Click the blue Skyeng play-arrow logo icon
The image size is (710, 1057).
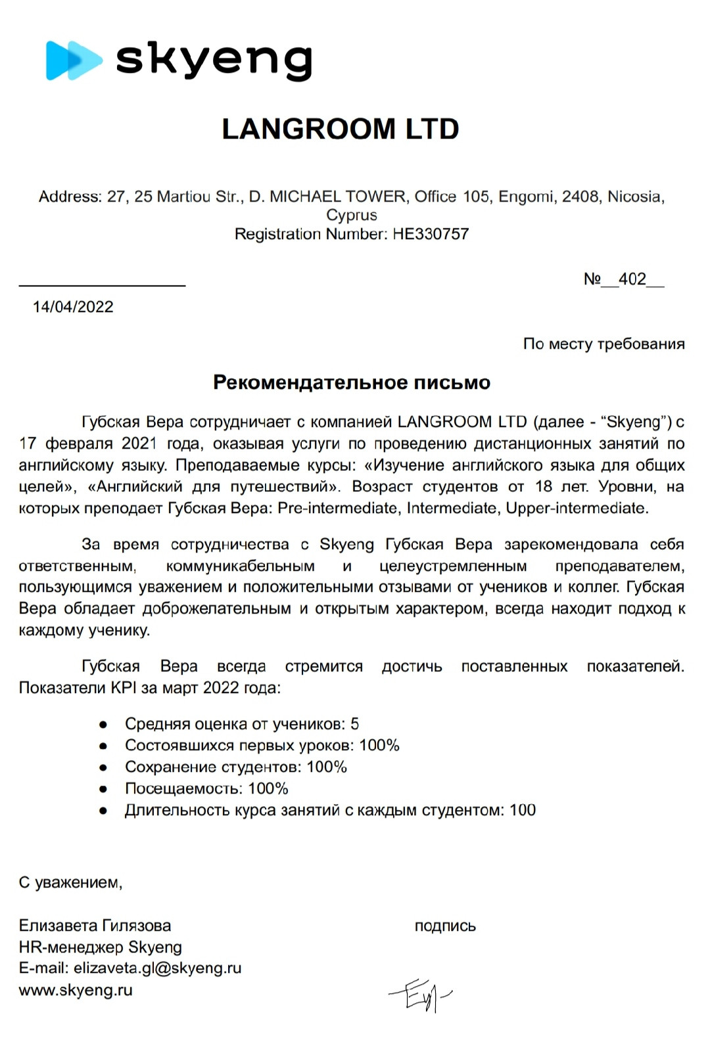tap(72, 60)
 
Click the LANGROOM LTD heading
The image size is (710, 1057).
tap(341, 129)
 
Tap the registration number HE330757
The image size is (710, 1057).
tap(431, 234)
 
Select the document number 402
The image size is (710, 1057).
tap(632, 279)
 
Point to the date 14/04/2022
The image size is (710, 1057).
tap(73, 307)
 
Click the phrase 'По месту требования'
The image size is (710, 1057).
tap(603, 344)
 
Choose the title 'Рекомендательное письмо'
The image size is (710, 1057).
tap(352, 382)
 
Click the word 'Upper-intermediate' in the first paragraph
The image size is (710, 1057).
tap(576, 508)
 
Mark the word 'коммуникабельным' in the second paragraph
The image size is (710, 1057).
tap(240, 566)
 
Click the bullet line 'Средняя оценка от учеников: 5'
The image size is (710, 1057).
tap(242, 724)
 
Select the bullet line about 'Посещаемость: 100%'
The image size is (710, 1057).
tap(206, 788)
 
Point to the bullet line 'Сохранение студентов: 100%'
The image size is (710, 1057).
tap(236, 767)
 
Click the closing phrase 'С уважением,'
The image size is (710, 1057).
tap(70, 882)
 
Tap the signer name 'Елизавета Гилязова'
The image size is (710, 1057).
tap(95, 926)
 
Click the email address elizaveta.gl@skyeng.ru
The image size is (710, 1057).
tap(157, 968)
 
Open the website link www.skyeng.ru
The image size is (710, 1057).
tap(76, 990)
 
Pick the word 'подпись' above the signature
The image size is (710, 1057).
tap(445, 926)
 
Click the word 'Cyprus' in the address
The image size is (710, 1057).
tap(352, 215)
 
